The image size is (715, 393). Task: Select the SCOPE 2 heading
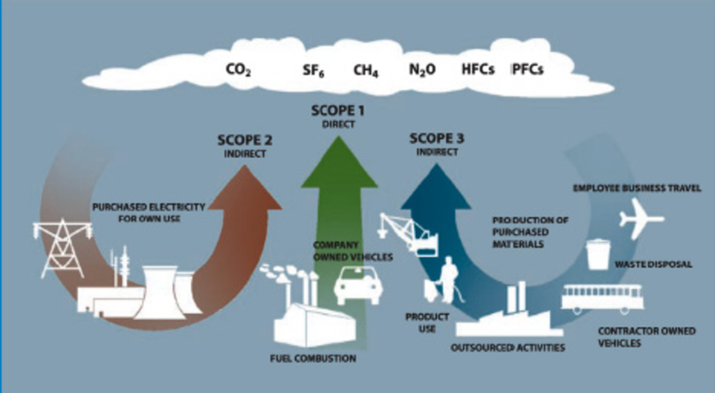click(245, 140)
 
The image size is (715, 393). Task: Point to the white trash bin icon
click(598, 253)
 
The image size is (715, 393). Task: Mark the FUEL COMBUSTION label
click(313, 358)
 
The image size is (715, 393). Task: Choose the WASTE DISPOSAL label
click(652, 264)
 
